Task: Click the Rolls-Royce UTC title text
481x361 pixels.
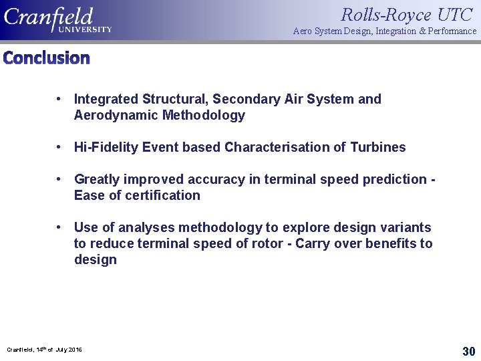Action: (406, 14)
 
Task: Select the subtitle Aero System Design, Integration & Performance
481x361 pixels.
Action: (385, 31)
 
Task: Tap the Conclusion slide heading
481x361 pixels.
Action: (46, 58)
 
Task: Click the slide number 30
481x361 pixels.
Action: (468, 351)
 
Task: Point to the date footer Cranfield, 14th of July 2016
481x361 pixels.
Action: (44, 350)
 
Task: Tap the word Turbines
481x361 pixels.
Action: (377, 147)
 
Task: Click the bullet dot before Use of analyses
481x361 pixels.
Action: (59, 227)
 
